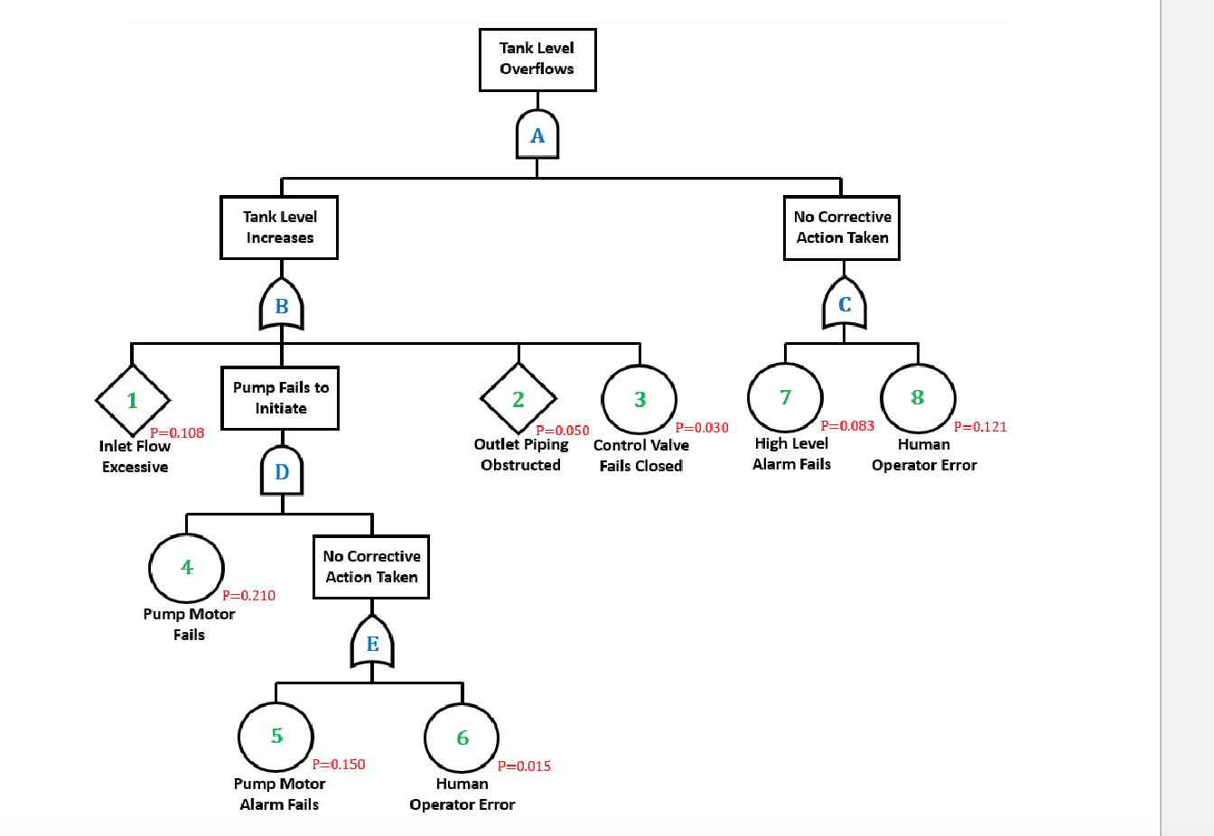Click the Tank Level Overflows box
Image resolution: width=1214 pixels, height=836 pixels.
(537, 60)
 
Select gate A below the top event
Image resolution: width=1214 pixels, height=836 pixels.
(537, 135)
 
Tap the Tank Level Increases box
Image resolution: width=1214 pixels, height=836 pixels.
(279, 228)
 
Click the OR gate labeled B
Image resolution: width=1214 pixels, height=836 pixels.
(282, 306)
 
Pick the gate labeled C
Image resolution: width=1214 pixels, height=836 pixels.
(845, 304)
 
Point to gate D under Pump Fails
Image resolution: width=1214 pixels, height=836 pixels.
(282, 471)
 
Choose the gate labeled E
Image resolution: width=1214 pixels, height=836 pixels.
(372, 643)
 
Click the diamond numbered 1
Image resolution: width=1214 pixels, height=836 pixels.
(133, 400)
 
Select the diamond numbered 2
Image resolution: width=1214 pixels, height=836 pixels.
(518, 399)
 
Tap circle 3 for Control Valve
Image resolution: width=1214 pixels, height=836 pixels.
(640, 399)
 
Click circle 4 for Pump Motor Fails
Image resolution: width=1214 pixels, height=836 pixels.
(187, 567)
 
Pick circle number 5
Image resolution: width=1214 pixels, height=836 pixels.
(276, 737)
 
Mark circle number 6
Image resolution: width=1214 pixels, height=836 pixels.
(462, 738)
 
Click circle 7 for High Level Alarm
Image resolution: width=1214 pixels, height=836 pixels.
(785, 397)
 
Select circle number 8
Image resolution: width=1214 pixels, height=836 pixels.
(918, 398)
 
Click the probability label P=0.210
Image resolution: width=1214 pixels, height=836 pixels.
(248, 596)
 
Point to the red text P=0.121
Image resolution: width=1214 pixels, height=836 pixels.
(980, 427)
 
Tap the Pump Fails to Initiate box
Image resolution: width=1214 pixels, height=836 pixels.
(280, 397)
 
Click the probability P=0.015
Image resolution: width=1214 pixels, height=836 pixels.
(524, 766)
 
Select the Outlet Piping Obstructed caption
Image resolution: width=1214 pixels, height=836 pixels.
(521, 454)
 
